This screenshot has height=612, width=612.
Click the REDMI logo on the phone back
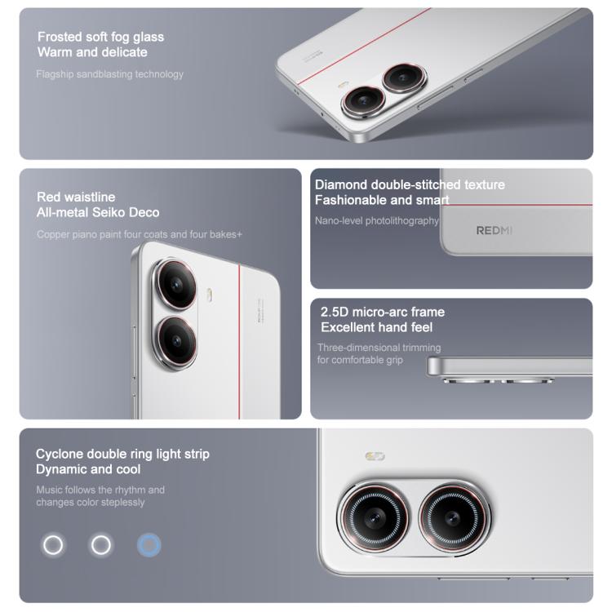(494, 230)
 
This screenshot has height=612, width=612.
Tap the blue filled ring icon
(149, 545)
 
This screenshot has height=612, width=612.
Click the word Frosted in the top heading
(60, 37)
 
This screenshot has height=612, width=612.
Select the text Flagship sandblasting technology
(109, 74)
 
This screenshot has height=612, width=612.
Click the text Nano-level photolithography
(377, 220)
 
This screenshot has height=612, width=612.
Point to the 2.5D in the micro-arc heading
(335, 312)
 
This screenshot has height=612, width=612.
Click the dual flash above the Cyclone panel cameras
(375, 456)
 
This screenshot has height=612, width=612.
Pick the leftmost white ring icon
(53, 545)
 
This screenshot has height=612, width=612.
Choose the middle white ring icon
(101, 545)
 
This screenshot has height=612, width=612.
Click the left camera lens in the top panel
(360, 102)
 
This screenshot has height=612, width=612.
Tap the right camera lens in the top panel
(401, 78)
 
